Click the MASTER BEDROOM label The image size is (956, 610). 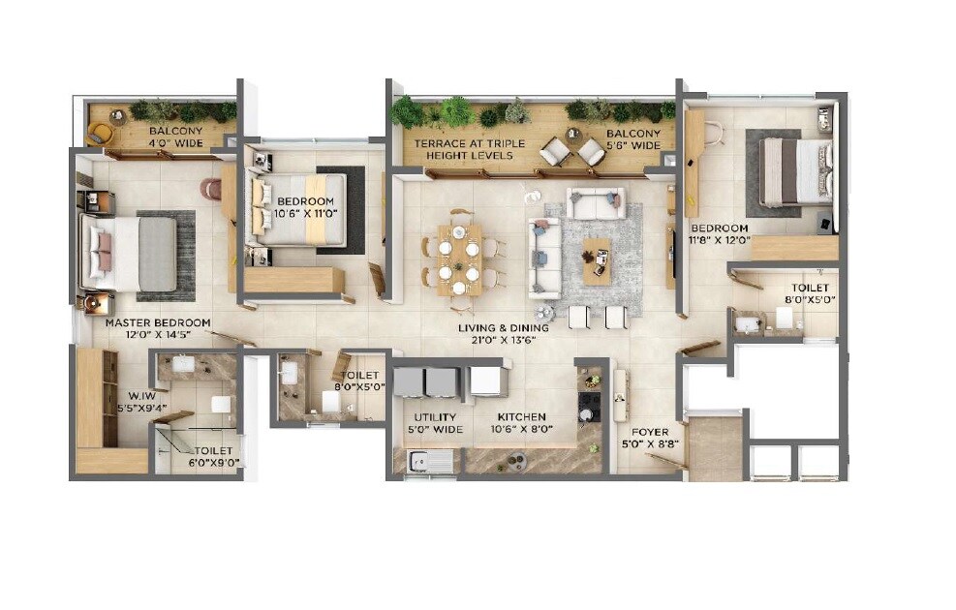coord(157,322)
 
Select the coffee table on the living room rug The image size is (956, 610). coord(596,258)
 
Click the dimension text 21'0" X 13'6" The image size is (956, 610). coord(504,341)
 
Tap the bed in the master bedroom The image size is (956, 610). coord(130,253)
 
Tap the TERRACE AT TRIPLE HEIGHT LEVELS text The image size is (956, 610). coord(470,149)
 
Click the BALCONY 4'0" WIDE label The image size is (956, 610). coord(175,137)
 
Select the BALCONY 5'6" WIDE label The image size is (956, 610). coord(633,139)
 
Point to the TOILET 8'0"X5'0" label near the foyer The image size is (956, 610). coord(809,294)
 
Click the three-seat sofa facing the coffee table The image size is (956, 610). coord(543,258)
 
